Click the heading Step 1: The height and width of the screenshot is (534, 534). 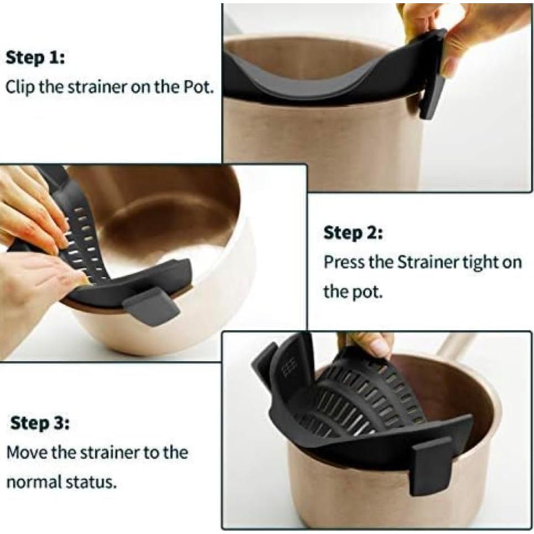click(x=35, y=58)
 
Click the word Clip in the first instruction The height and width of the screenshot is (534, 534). click(x=18, y=87)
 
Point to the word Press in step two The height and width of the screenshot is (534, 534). click(x=344, y=262)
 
